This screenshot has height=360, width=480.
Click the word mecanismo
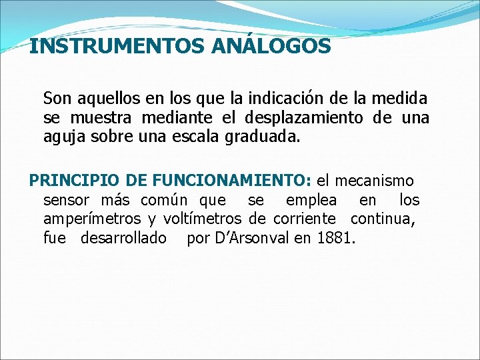click(x=374, y=181)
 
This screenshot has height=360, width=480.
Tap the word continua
click(x=383, y=219)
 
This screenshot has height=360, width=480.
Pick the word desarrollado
click(x=123, y=237)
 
